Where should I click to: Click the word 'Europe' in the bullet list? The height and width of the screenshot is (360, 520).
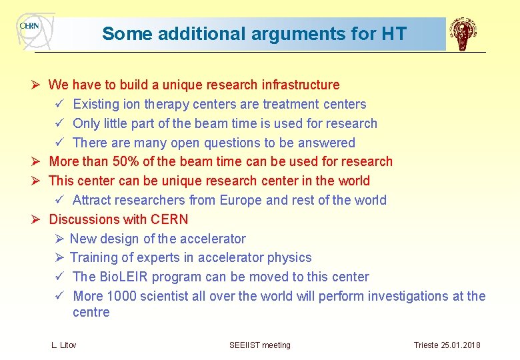pyautogui.click(x=241, y=200)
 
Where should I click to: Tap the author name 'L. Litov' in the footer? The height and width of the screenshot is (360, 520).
pyautogui.click(x=64, y=345)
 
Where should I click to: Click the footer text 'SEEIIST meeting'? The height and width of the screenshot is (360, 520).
pyautogui.click(x=260, y=345)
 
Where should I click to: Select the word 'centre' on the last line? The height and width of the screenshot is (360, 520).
pyautogui.click(x=91, y=312)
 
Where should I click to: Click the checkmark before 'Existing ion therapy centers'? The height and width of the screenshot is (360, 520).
pyautogui.click(x=59, y=105)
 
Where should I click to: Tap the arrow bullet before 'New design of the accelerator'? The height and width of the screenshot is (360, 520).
pyautogui.click(x=59, y=239)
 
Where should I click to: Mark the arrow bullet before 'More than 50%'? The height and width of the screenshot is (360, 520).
pyautogui.click(x=38, y=161)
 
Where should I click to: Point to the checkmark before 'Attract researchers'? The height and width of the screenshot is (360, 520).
pyautogui.click(x=59, y=200)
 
